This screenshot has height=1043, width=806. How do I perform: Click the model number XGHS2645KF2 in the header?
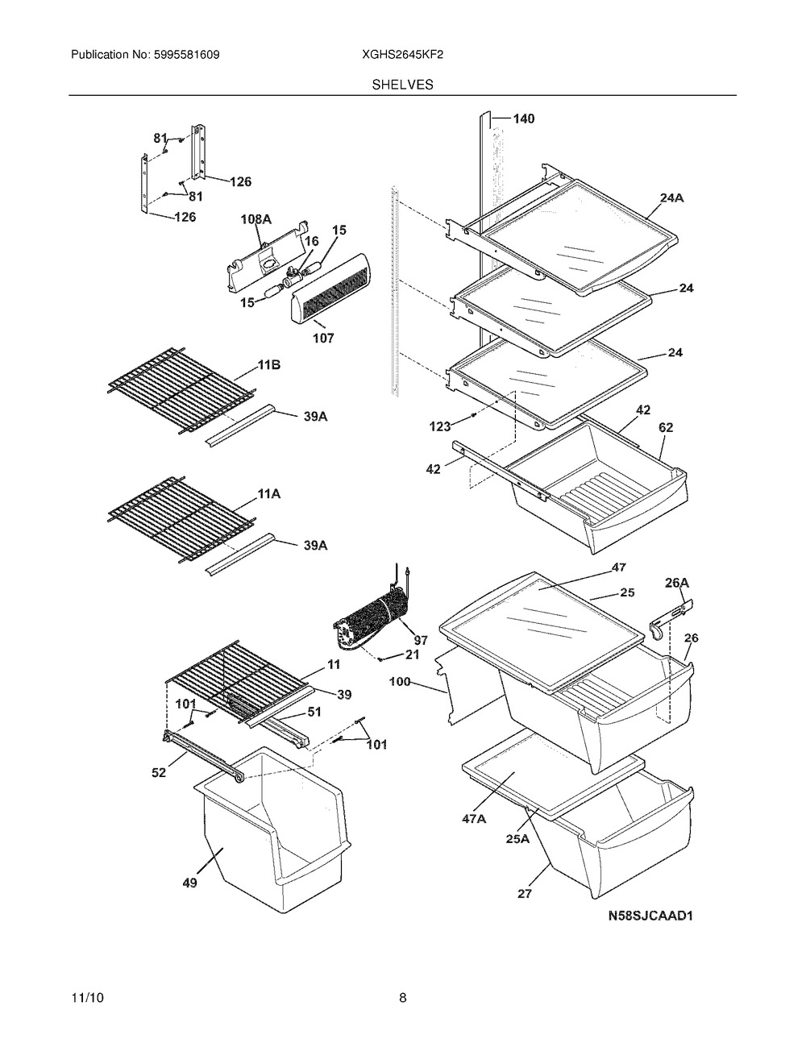coord(402,55)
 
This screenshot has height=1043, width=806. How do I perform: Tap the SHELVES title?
coord(402,85)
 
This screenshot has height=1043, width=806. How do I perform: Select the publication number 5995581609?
coord(187,55)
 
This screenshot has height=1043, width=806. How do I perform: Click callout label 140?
coord(524,118)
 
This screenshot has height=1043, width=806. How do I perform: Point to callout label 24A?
coord(671,197)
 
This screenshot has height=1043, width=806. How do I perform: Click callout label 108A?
coord(256,219)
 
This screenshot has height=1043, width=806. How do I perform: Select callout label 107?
coord(323,338)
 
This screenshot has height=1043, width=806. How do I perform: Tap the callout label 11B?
coord(269,365)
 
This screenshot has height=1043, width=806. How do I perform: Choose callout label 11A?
coord(269,493)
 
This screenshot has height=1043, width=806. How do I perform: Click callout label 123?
coord(440,426)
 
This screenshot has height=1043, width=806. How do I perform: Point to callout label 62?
coord(666,427)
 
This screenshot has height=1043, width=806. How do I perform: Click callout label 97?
coord(421,640)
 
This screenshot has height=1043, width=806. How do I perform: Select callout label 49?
coord(190,883)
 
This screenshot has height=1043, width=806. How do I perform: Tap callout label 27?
coord(525,893)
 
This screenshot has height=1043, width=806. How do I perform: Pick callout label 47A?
coord(474,818)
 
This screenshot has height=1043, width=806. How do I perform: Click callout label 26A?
coord(677,583)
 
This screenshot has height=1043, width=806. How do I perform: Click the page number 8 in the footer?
coord(402,998)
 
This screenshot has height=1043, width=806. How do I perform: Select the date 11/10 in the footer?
coord(88,998)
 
